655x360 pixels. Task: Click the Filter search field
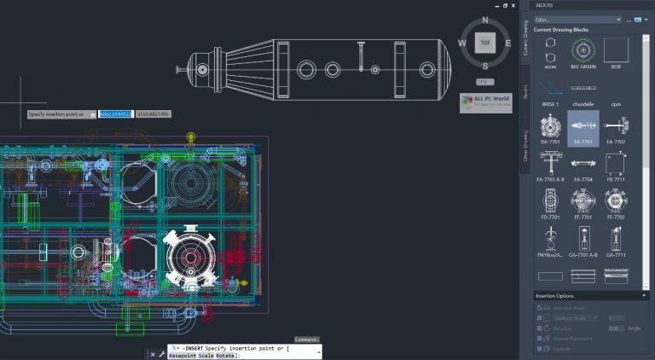coord(577,19)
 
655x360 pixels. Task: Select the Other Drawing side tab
coord(525,145)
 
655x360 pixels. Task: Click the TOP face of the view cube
coord(485,42)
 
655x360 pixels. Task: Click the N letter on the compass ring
coord(485,20)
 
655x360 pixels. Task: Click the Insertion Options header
coord(589,295)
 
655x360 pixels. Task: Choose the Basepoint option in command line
coord(182,356)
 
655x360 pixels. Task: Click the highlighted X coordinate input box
coord(115,113)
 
